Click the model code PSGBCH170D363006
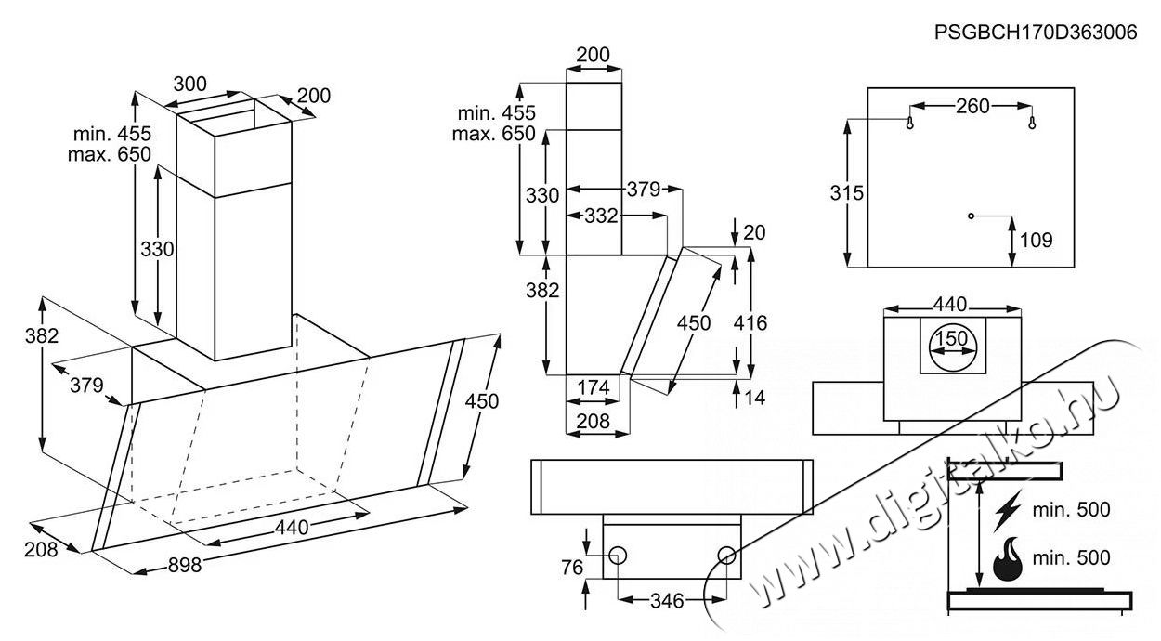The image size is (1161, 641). tap(1036, 33)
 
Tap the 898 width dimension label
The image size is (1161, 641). tap(185, 565)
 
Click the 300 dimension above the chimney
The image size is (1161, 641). tap(189, 84)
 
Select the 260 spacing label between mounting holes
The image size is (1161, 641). tap(972, 106)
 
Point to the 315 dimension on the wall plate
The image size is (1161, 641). tap(847, 193)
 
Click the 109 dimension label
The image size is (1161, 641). tap(1037, 240)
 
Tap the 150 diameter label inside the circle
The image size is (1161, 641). tap(952, 339)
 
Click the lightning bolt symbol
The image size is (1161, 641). tap(1007, 511)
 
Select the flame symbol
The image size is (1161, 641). tap(1008, 558)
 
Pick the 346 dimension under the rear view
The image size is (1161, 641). tap(668, 601)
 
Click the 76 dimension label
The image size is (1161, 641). tap(573, 568)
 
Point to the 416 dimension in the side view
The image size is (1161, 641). tap(750, 323)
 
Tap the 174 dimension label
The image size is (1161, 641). tap(594, 388)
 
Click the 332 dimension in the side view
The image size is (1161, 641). tap(601, 216)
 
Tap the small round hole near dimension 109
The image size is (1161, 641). tap(971, 216)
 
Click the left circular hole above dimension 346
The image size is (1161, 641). tap(618, 556)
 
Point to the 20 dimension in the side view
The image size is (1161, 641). tap(754, 233)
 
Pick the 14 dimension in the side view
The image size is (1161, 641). tap(754, 398)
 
